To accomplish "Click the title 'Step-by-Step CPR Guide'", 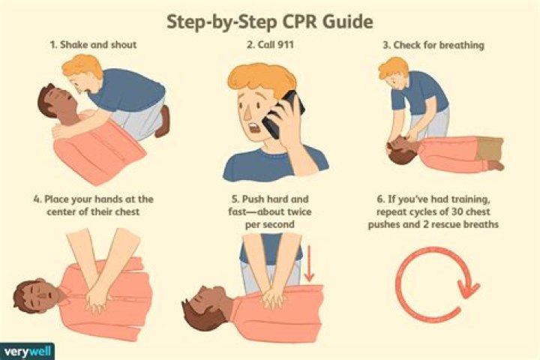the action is pyautogui.click(x=270, y=22).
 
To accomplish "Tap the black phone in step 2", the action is pyautogui.click(x=283, y=114).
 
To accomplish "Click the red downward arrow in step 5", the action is pyautogui.click(x=309, y=263).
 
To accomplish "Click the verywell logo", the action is pyautogui.click(x=27, y=352).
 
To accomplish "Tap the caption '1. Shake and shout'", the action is pyautogui.click(x=93, y=45).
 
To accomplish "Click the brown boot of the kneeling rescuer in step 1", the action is pyautogui.click(x=163, y=121).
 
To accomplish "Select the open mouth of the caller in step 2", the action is pyautogui.click(x=256, y=128).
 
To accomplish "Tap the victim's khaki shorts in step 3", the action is pyautogui.click(x=490, y=148).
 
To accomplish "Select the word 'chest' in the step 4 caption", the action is pyautogui.click(x=127, y=211).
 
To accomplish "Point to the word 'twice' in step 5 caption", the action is pyautogui.click(x=299, y=211).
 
